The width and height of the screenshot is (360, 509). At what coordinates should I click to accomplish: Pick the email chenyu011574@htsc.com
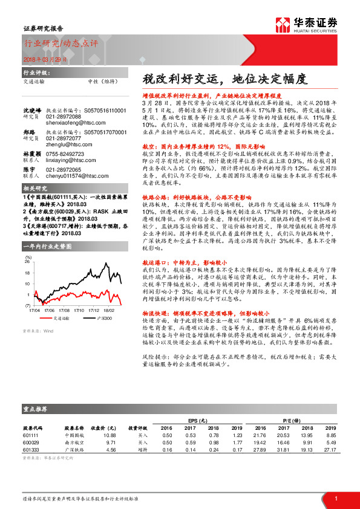tap(71, 176)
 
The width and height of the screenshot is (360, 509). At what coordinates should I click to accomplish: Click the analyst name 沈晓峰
tap(31, 111)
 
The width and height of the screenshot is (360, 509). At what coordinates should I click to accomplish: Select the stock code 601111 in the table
tap(31, 435)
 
